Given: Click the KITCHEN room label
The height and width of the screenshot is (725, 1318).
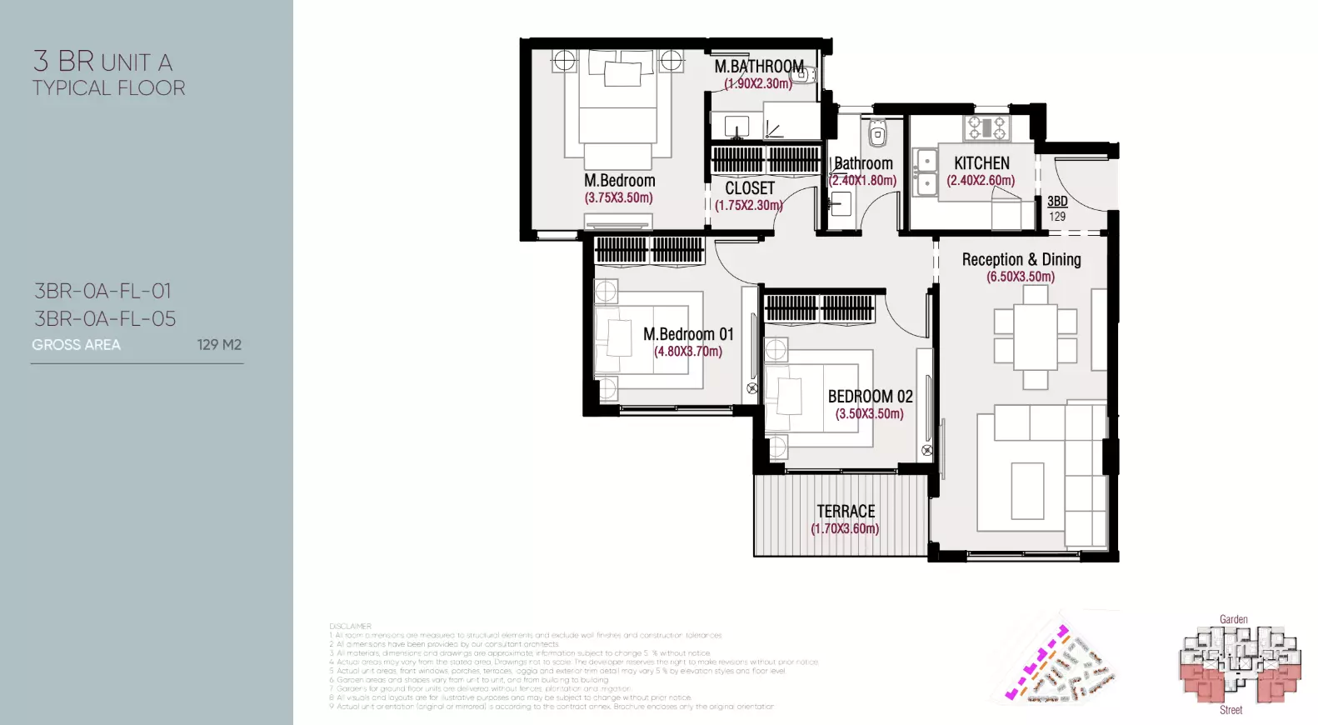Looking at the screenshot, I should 981,163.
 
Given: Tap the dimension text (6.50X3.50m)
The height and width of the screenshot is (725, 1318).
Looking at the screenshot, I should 1021,277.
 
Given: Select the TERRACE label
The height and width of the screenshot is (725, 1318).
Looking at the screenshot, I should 846,511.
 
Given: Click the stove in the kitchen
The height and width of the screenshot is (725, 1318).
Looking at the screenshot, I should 986,127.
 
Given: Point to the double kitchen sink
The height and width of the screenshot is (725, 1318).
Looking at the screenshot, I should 925,172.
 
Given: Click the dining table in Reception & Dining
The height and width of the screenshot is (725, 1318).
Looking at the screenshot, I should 1035,337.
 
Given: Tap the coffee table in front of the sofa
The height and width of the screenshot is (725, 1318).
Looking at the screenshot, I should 1027,491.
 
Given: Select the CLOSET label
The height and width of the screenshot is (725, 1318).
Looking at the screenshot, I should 750,188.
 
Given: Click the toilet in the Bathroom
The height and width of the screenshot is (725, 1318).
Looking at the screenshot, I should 877,133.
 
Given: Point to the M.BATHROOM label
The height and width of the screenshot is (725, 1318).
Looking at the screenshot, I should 759,66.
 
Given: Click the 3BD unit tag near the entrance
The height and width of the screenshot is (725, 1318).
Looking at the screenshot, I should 1057,201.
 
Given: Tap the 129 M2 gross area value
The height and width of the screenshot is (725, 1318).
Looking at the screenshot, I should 219,345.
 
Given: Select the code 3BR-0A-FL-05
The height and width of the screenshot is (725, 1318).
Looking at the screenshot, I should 105,318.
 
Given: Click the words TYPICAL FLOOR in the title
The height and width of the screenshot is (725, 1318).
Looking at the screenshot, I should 109,88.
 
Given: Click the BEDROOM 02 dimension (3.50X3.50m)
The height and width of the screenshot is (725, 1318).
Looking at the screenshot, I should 869,413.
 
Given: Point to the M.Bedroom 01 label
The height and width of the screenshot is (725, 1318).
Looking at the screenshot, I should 688,334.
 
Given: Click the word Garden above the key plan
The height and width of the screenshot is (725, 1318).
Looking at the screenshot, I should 1233,619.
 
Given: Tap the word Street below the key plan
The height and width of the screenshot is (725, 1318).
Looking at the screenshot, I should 1231,710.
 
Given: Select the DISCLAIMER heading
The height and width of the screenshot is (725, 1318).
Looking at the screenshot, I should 350,626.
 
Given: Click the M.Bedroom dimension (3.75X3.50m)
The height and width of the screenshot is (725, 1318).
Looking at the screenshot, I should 618,197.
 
